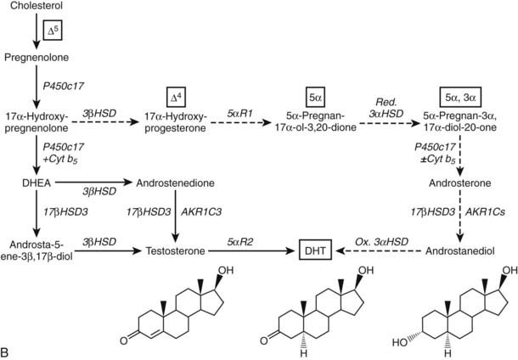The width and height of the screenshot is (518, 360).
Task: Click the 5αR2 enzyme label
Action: click(239, 241)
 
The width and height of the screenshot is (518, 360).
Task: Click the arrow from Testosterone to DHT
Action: click(246, 252)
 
